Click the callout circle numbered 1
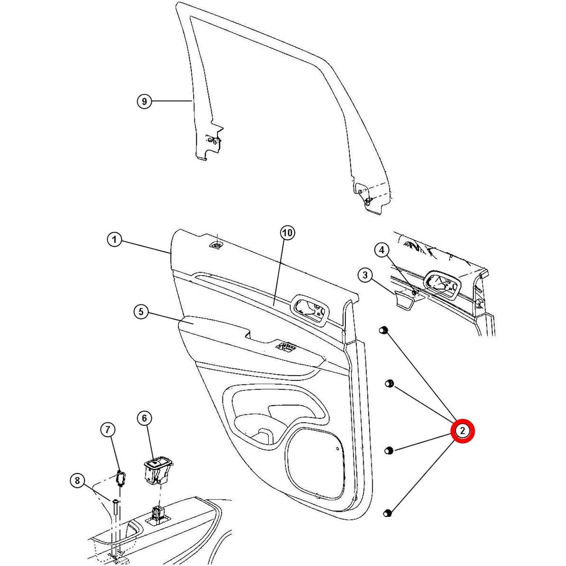(x=114, y=240)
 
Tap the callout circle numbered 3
(x=365, y=275)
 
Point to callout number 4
(x=382, y=250)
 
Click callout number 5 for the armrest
(x=141, y=312)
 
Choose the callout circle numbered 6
(x=144, y=418)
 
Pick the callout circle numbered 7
(x=108, y=430)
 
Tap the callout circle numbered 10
(x=288, y=233)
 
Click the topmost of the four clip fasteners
(x=383, y=330)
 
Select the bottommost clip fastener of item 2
(x=388, y=513)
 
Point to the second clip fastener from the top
(x=389, y=384)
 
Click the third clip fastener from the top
(x=388, y=450)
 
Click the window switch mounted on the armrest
(x=287, y=347)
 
